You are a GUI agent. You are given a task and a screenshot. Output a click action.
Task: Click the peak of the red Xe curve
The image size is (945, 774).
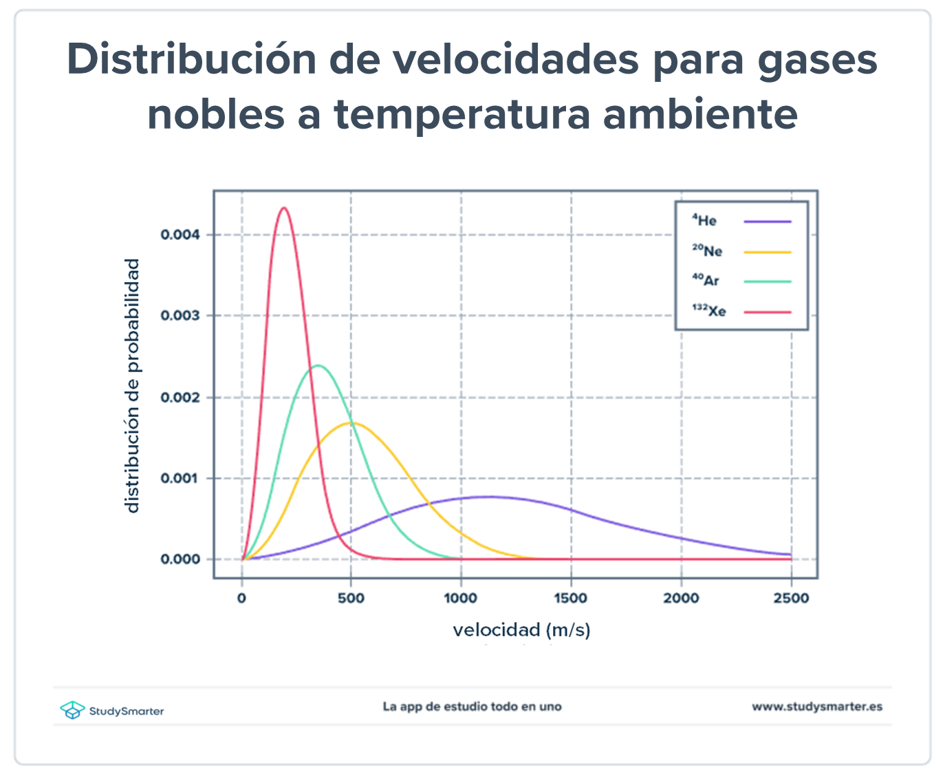pyautogui.click(x=283, y=208)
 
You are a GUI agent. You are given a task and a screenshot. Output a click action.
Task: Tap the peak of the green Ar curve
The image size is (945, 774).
pyautogui.click(x=317, y=365)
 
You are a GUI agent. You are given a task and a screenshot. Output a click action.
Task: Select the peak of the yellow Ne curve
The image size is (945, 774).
pyautogui.click(x=351, y=422)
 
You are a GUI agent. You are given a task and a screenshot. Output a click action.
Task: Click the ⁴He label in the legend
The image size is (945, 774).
pyautogui.click(x=704, y=221)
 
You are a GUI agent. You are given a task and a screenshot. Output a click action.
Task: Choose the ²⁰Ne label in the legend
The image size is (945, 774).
pyautogui.click(x=707, y=251)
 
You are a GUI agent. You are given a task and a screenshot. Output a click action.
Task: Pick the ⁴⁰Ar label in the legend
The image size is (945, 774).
pyautogui.click(x=706, y=281)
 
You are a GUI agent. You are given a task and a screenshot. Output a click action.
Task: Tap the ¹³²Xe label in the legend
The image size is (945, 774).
pyautogui.click(x=709, y=311)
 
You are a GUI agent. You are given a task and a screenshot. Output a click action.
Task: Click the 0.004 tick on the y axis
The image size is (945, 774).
pyautogui.click(x=180, y=235)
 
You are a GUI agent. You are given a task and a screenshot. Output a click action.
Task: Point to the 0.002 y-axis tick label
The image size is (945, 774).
pyautogui.click(x=180, y=397)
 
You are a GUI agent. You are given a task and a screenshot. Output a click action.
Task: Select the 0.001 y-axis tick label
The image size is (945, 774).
pyautogui.click(x=180, y=478)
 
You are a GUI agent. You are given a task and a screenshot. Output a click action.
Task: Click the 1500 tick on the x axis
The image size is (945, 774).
pyautogui.click(x=571, y=599)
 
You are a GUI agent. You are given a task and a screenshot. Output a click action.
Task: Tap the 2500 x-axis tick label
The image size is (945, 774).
pyautogui.click(x=791, y=599)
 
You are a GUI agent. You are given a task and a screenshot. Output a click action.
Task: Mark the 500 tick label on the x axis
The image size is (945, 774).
pyautogui.click(x=351, y=599)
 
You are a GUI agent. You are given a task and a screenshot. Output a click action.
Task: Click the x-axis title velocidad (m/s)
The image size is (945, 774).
pyautogui.click(x=521, y=630)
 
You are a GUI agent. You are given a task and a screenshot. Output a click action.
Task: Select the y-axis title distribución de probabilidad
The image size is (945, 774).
pyautogui.click(x=132, y=385)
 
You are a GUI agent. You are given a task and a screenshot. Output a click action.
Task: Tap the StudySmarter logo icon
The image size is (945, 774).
pyautogui.click(x=72, y=710)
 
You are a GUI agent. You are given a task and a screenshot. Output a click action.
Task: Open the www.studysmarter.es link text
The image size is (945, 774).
pyautogui.click(x=817, y=707)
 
